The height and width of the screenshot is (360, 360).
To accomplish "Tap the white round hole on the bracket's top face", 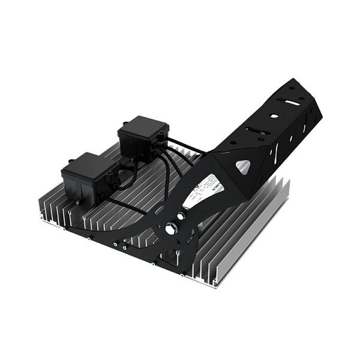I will click(x=274, y=116).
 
